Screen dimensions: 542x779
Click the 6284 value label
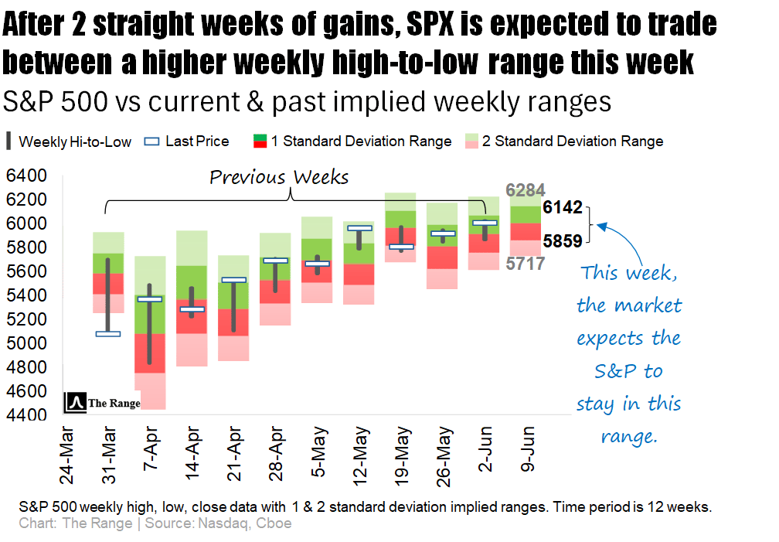click(x=526, y=189)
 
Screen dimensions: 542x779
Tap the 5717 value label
click(x=526, y=264)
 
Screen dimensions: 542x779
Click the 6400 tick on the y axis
click(x=26, y=177)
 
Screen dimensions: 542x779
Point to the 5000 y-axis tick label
click(x=26, y=343)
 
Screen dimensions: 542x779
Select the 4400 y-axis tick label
click(x=26, y=415)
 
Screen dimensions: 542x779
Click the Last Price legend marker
click(x=152, y=141)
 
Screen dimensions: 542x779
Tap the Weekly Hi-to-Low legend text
click(x=75, y=141)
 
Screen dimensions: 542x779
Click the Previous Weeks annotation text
click(x=279, y=178)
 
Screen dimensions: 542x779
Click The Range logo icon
click(x=76, y=402)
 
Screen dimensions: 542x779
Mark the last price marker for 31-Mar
click(x=108, y=334)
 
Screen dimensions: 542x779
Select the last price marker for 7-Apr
click(x=149, y=299)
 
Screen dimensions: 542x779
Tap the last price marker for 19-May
click(x=400, y=247)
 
